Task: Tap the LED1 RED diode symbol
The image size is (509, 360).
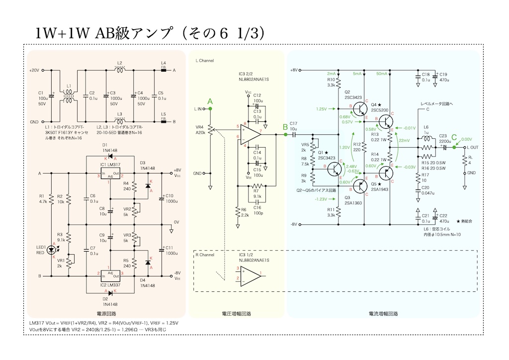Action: [x=54, y=248]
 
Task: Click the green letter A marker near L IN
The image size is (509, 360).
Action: [x=210, y=101]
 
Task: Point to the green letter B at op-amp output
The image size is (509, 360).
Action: [x=285, y=127]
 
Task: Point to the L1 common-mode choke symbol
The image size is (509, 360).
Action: [x=69, y=96]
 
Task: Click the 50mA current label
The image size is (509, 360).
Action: [x=382, y=74]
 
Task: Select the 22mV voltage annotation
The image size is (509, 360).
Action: [x=404, y=141]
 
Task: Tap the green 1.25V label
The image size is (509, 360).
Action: [x=321, y=108]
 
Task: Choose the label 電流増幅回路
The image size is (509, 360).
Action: [x=383, y=314]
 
